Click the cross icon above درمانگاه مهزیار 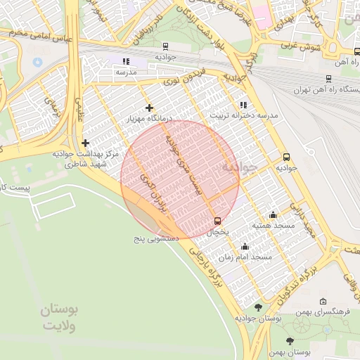pyautogui.click(x=148, y=108)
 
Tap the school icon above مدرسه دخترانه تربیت pyautogui.click(x=244, y=104)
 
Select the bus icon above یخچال pyautogui.click(x=217, y=220)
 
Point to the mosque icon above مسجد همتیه pyautogui.click(x=274, y=214)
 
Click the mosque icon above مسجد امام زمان pyautogui.click(x=245, y=246)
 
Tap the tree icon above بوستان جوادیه pyautogui.click(x=258, y=307)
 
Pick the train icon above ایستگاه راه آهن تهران pyautogui.click(x=328, y=79)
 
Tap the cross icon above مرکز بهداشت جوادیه pyautogui.click(x=85, y=143)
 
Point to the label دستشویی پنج pyautogui.click(x=157, y=239)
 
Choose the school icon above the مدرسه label pyautogui.click(x=126, y=62)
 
